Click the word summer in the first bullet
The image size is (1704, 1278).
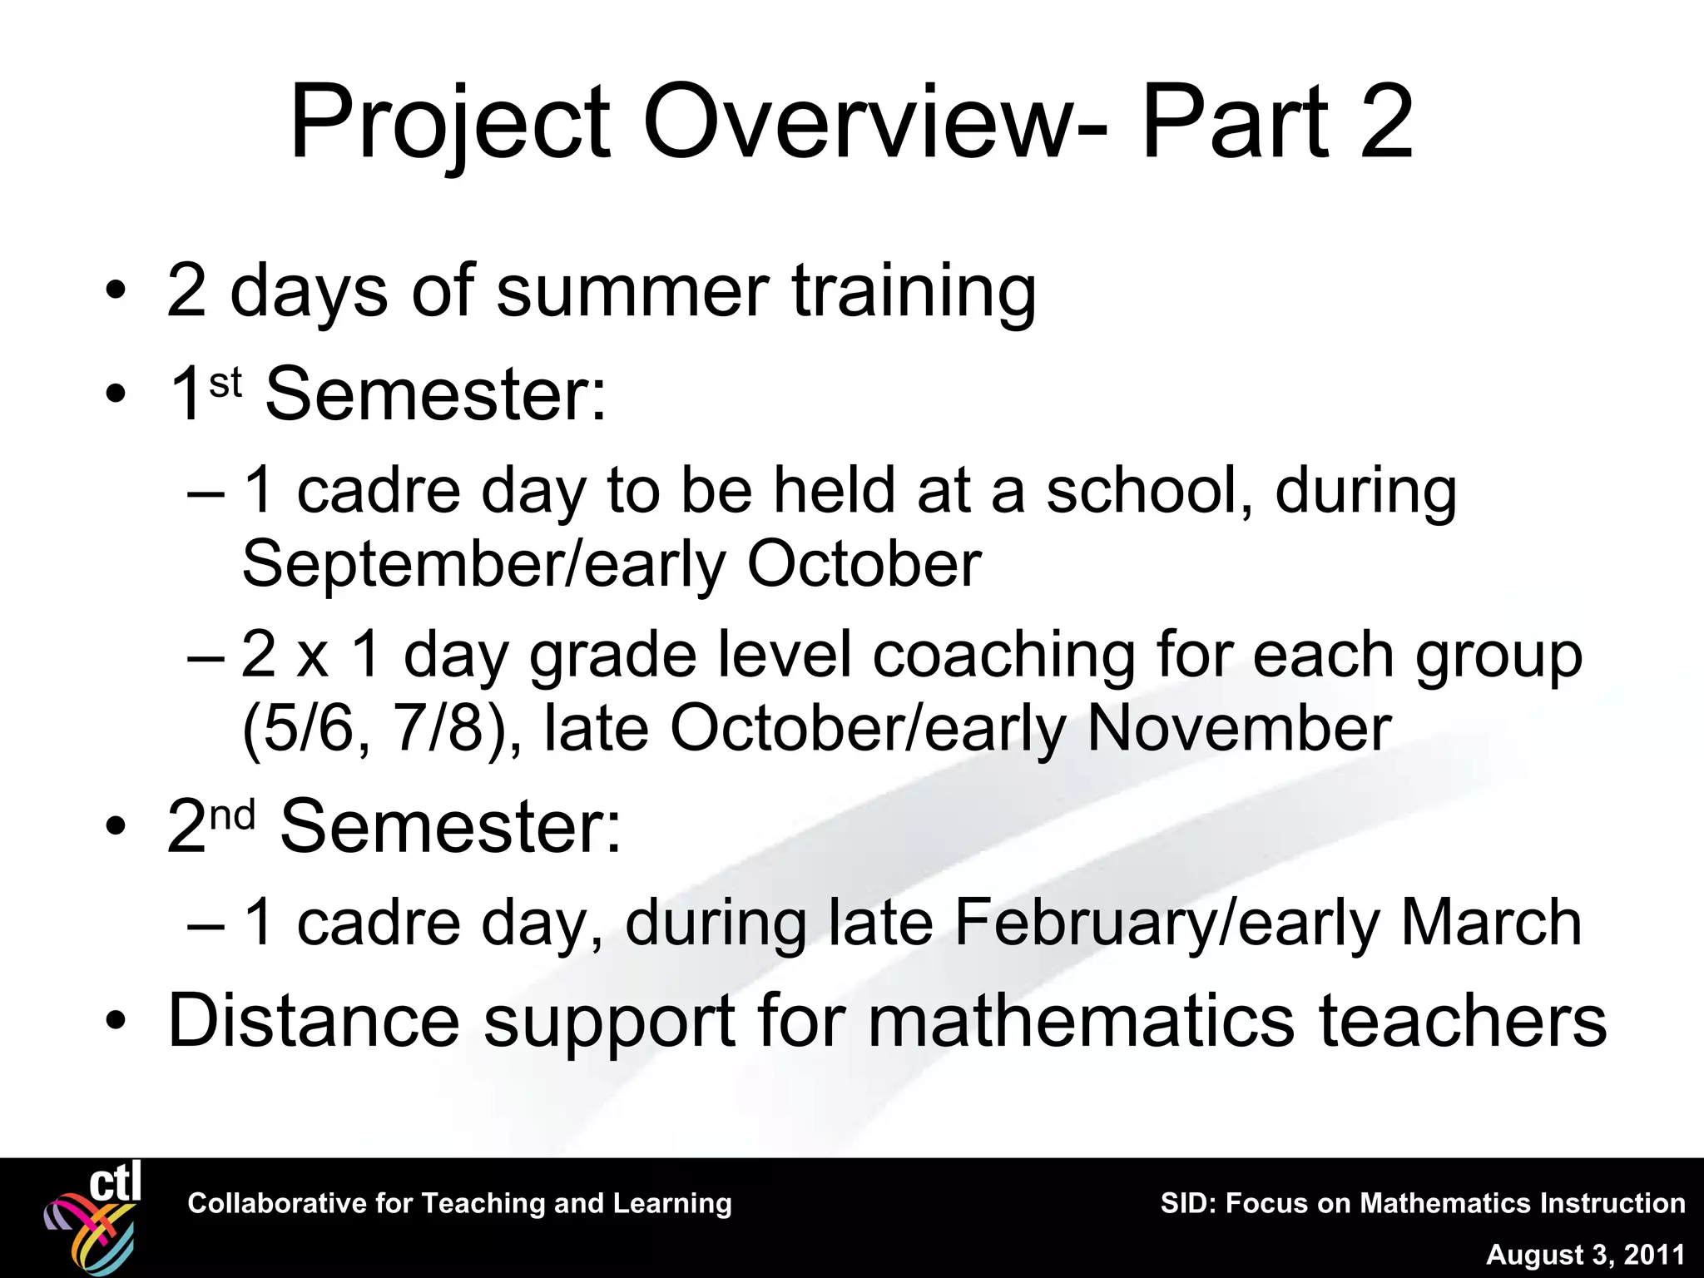pyautogui.click(x=632, y=291)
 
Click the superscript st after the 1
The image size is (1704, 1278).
pyautogui.click(x=225, y=384)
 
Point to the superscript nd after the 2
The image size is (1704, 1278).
pyautogui.click(x=232, y=815)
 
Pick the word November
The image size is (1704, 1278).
pyautogui.click(x=1239, y=729)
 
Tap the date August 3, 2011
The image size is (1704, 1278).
pyautogui.click(x=1585, y=1254)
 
